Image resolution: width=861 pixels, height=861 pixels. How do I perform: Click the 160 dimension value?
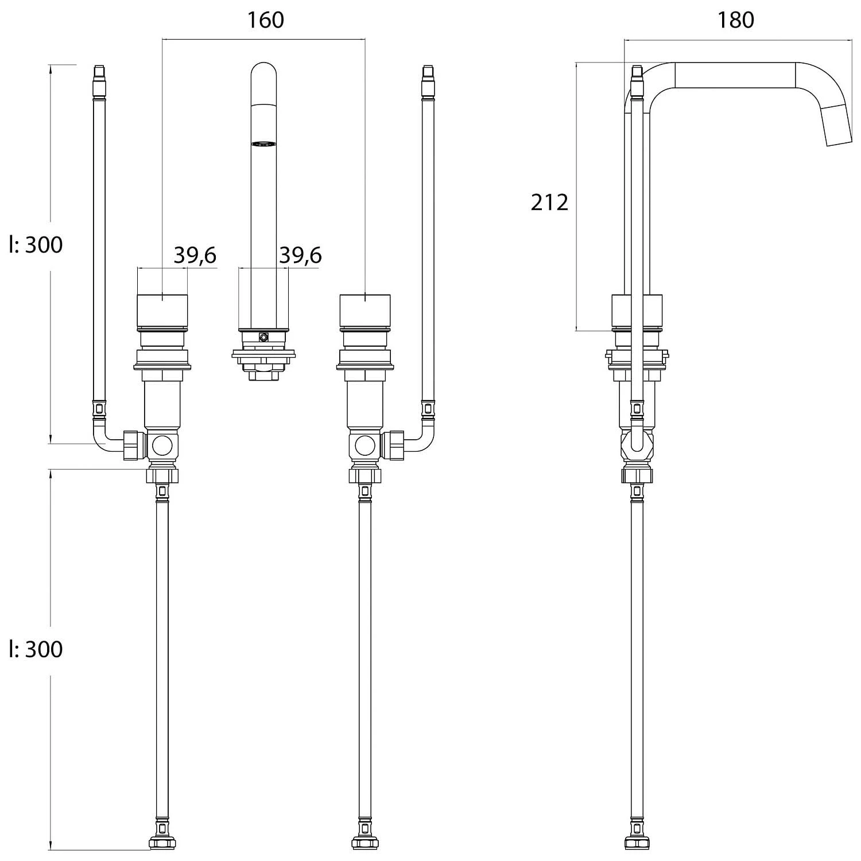pos(265,20)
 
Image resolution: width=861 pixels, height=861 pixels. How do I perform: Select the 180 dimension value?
pos(735,20)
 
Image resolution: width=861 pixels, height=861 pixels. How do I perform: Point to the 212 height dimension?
pos(549,202)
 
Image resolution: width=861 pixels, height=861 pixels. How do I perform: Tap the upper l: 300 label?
pos(36,245)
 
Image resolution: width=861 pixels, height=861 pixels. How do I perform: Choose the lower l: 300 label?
pos(36,649)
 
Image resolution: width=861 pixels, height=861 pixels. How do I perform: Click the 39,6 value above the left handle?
pos(195,255)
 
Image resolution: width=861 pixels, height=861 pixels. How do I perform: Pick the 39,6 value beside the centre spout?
pos(300,255)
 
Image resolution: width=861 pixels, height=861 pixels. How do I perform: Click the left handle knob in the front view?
pos(162,310)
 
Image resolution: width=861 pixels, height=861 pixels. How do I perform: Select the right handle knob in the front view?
pos(365,310)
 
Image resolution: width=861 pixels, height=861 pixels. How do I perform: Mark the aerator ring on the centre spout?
pos(263,144)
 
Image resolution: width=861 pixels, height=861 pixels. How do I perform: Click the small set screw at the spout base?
pos(263,338)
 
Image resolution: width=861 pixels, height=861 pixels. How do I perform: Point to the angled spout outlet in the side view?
pos(836,125)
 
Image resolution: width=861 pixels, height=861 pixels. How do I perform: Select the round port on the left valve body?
pos(162,444)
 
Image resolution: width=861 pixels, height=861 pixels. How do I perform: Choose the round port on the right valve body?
pos(365,444)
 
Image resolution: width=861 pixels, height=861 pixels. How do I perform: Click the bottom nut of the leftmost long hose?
pos(162,842)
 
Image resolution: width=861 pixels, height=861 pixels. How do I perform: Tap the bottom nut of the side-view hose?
pos(637,842)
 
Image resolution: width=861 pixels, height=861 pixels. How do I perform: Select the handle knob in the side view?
pos(637,310)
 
